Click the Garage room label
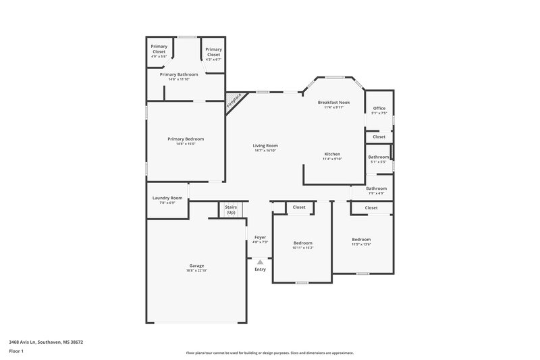pyautogui.click(x=196, y=265)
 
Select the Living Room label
pyautogui.click(x=265, y=145)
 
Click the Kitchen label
pyautogui.click(x=332, y=154)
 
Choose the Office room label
pyautogui.click(x=379, y=108)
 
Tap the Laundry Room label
pyautogui.click(x=167, y=198)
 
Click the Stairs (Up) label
pyautogui.click(x=231, y=210)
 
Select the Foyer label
pyautogui.click(x=260, y=237)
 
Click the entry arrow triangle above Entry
pyautogui.click(x=260, y=261)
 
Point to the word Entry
pyautogui.click(x=260, y=269)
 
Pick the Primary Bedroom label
pyautogui.click(x=186, y=138)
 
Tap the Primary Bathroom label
pyautogui.click(x=183, y=74)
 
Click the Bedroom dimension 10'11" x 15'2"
pyautogui.click(x=303, y=248)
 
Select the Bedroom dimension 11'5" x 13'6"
pyautogui.click(x=361, y=245)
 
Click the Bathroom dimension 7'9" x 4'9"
pyautogui.click(x=377, y=193)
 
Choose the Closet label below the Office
pyautogui.click(x=379, y=136)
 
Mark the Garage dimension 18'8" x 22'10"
pyautogui.click(x=196, y=270)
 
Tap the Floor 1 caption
pyautogui.click(x=16, y=352)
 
